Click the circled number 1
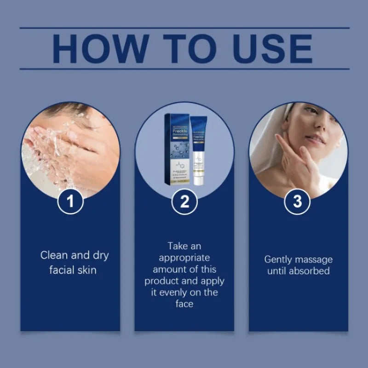[70, 203]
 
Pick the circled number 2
[184, 203]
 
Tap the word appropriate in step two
[184, 258]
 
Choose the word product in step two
[161, 281]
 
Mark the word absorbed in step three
[309, 271]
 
